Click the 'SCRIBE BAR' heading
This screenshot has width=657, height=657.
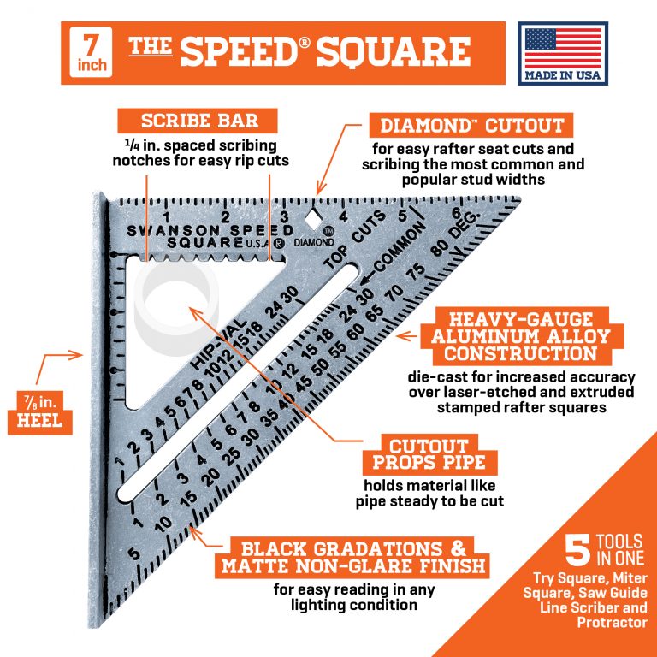coord(187,120)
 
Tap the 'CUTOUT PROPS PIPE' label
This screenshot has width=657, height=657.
coord(428,454)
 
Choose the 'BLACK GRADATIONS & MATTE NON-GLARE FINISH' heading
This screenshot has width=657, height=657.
coord(353,558)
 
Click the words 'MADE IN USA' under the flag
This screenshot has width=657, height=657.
coord(562,74)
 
